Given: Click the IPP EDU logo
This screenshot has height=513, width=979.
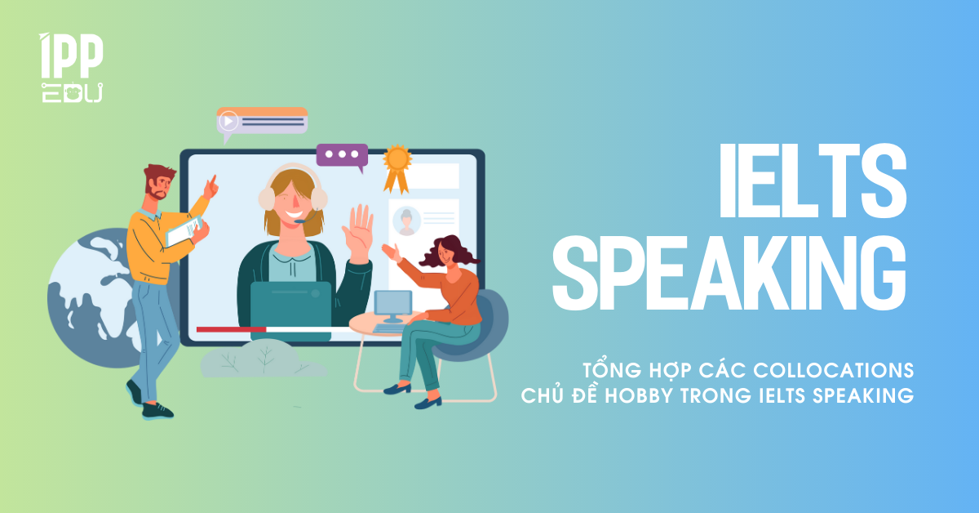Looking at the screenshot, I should click(x=71, y=68).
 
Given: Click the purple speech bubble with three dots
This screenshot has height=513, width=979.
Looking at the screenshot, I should click(x=342, y=154).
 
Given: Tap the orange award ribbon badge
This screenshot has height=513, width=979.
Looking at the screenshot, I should click(x=397, y=163).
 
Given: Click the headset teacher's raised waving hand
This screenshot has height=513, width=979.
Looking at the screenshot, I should click(x=358, y=229).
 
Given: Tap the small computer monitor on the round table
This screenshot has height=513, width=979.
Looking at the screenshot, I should click(x=393, y=306).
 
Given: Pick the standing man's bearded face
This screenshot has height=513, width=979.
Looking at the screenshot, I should click(x=161, y=184).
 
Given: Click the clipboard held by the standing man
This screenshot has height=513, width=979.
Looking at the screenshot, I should click(x=184, y=231).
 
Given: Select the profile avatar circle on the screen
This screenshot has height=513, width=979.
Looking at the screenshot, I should click(x=405, y=221).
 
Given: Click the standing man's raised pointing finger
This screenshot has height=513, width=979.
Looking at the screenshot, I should click(x=214, y=179).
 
